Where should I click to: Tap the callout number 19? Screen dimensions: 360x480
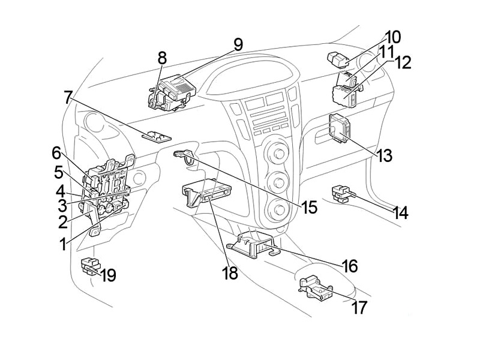[109, 275]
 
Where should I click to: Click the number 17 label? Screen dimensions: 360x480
[359, 307]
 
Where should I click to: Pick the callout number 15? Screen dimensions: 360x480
[309, 208]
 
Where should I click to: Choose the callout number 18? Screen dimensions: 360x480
[230, 273]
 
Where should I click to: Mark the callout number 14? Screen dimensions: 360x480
[401, 212]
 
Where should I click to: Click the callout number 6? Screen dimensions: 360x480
[56, 152]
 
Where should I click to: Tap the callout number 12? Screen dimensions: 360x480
[403, 62]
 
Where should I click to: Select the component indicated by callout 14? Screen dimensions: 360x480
[341, 192]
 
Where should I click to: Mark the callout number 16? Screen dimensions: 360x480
[350, 265]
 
